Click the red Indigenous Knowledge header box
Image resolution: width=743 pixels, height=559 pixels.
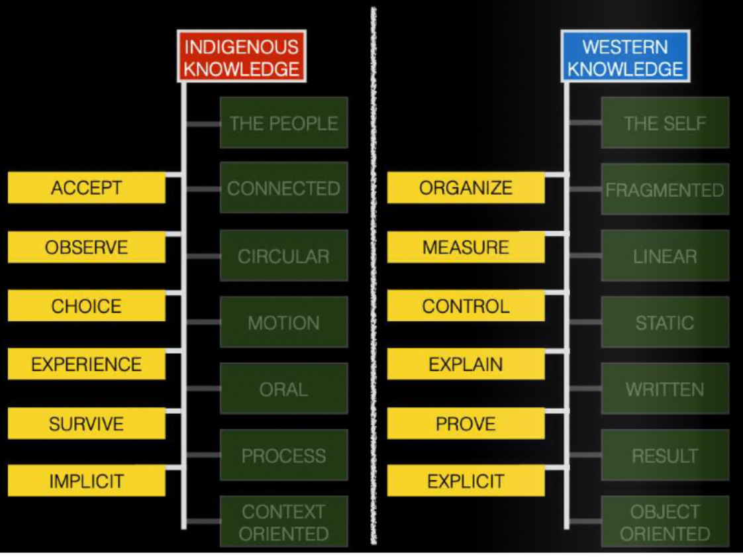pos(242,57)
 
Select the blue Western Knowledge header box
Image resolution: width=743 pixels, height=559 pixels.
pos(625,57)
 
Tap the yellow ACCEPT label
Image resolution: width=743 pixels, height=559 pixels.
pos(87,187)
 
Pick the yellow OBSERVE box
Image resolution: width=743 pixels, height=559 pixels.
pos(87,247)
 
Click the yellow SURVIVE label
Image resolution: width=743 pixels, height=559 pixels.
pos(87,423)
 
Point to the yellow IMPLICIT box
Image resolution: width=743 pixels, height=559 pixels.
pos(87,481)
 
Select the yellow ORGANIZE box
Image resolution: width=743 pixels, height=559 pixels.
pos(466,187)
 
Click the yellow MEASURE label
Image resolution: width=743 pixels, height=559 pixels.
pos(466,247)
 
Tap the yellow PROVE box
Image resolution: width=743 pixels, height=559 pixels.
pos(466,423)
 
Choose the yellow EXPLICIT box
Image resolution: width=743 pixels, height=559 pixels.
pos(466,481)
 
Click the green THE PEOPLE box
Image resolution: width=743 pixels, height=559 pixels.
pos(283,123)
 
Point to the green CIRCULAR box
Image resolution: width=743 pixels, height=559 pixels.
pos(283,256)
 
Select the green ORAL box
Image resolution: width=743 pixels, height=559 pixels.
pos(283,389)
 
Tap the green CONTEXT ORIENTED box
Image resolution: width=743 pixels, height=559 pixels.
pos(283,522)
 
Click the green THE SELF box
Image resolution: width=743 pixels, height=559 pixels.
pos(665,123)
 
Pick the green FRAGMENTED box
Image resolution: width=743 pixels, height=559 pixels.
pos(665,189)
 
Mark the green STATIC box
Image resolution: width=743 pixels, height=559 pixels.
pos(665,323)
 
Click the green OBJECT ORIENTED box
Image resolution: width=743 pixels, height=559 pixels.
pos(665,522)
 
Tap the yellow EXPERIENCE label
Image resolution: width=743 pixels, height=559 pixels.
pos(87,364)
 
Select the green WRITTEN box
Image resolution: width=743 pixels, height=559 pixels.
pos(665,389)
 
